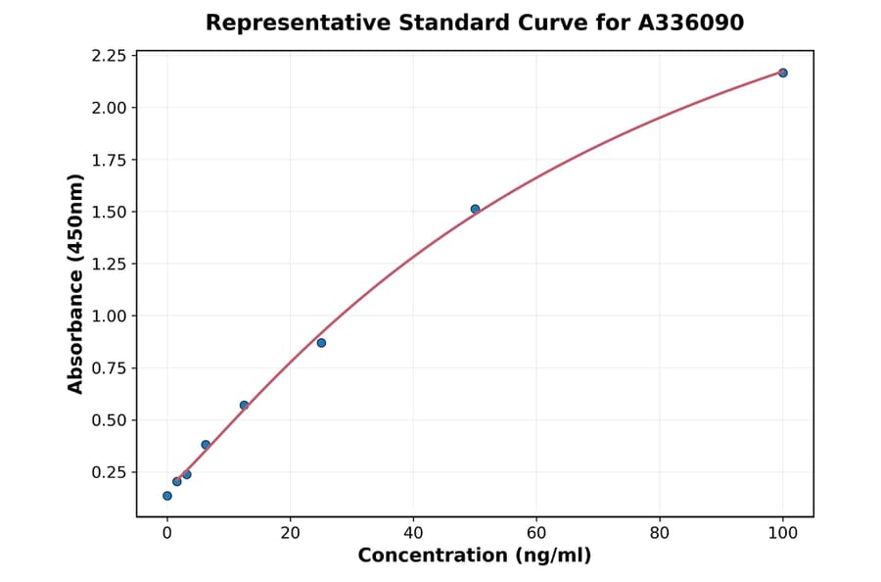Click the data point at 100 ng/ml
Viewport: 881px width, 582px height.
pyautogui.click(x=782, y=73)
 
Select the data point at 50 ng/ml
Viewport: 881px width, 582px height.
pyautogui.click(x=475, y=209)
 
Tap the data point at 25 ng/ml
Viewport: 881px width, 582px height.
pyautogui.click(x=321, y=343)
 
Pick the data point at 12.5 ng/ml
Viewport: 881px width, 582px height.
pyautogui.click(x=244, y=405)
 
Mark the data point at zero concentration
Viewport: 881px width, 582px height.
pyautogui.click(x=167, y=496)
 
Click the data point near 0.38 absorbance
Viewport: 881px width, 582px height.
pyautogui.click(x=206, y=445)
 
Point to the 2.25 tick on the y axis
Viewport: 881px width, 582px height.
pyautogui.click(x=108, y=56)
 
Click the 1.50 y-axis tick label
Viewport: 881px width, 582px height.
pyautogui.click(x=108, y=213)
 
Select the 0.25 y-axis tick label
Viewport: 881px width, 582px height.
pyautogui.click(x=108, y=472)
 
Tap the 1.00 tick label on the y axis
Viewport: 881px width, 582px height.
pyautogui.click(x=108, y=316)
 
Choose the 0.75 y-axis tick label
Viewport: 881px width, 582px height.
pyautogui.click(x=108, y=368)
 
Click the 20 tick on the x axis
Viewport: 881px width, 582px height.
pyautogui.click(x=290, y=533)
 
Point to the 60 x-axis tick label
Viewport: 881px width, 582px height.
pyautogui.click(x=536, y=533)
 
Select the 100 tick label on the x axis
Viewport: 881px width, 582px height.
pyautogui.click(x=782, y=533)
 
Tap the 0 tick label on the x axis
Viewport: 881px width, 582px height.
pyautogui.click(x=167, y=533)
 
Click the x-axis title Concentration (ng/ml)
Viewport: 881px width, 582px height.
pyautogui.click(x=474, y=556)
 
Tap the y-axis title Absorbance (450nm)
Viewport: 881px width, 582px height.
pyautogui.click(x=76, y=283)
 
